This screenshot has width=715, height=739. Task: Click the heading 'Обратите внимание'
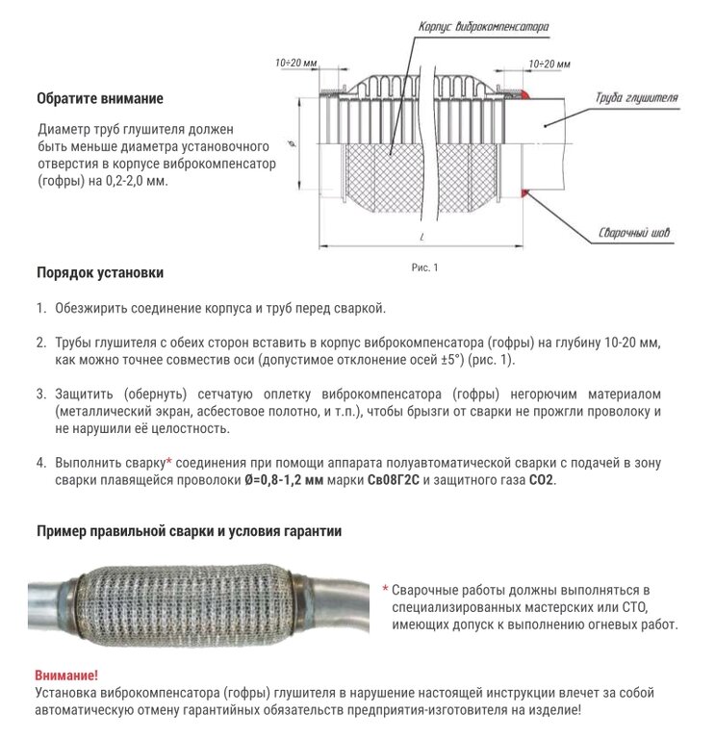point(99,98)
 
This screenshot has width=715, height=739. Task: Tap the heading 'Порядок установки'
point(99,272)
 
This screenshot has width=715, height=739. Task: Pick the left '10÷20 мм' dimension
point(295,63)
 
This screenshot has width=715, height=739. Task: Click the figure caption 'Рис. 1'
point(424,268)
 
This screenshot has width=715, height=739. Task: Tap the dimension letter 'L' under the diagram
point(422,236)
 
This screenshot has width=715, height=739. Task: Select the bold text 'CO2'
point(542,478)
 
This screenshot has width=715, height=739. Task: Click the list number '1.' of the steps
point(41,308)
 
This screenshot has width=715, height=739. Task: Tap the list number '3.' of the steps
point(41,395)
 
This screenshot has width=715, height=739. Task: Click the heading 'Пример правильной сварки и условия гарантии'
point(189,530)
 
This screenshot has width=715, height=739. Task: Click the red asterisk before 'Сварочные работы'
point(385,589)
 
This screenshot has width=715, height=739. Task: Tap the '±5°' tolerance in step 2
point(456,359)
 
